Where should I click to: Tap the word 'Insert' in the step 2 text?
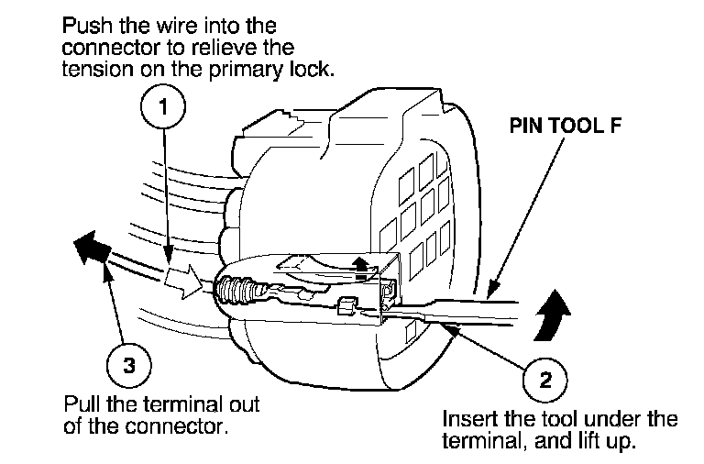pyautogui.click(x=466, y=420)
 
